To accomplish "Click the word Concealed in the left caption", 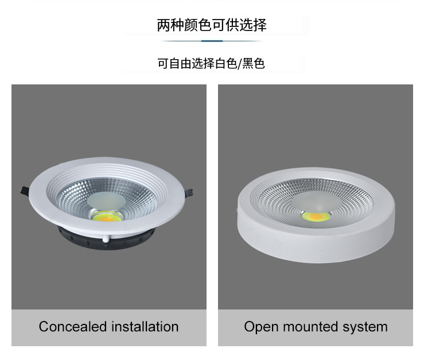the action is pos(73,326).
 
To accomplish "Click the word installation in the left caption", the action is pos(145,326).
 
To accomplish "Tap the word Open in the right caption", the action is pos(261,327).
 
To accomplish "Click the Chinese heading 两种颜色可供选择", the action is pos(212,25).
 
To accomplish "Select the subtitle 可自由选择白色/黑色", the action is pos(211,63).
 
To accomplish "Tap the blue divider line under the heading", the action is pos(212,41).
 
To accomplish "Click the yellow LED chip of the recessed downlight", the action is pos(107,217).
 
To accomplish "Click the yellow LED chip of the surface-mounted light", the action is pos(316,216).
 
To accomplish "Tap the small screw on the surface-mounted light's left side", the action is pos(237,210).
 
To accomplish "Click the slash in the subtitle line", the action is pos(240,64).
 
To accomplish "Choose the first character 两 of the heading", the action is pos(164,25).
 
